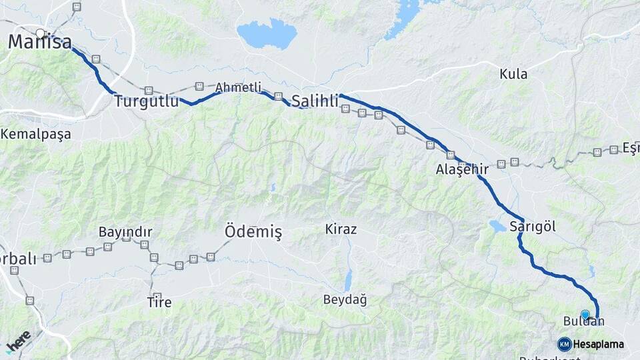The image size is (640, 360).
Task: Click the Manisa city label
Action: pyautogui.click(x=40, y=43)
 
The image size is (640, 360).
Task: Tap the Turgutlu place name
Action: pyautogui.click(x=147, y=102)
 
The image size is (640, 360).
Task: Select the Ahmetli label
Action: pyautogui.click(x=238, y=87)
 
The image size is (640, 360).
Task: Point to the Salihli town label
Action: pyautogui.click(x=315, y=101)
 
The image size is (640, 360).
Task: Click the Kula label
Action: pyautogui.click(x=513, y=74)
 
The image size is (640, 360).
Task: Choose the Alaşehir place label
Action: pyautogui.click(x=462, y=170)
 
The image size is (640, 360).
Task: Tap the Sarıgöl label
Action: pyautogui.click(x=533, y=226)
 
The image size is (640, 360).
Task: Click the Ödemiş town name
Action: pyautogui.click(x=253, y=231)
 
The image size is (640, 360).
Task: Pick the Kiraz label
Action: pyautogui.click(x=341, y=229)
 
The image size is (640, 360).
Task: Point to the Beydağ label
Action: pyautogui.click(x=345, y=300)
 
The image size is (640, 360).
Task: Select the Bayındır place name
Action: pyautogui.click(x=125, y=232)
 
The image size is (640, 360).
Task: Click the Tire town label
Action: pyautogui.click(x=159, y=302)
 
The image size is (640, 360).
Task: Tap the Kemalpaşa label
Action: pyautogui.click(x=35, y=133)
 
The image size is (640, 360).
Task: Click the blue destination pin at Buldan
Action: pyautogui.click(x=585, y=315)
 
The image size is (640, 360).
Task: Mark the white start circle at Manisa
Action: pyautogui.click(x=41, y=33)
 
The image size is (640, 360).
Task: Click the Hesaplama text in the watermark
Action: pyautogui.click(x=598, y=344)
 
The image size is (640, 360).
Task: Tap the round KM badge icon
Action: pyautogui.click(x=565, y=344)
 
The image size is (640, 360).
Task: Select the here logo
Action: pyautogui.click(x=18, y=342)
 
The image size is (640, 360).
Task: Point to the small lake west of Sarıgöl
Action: pyautogui.click(x=497, y=226)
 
